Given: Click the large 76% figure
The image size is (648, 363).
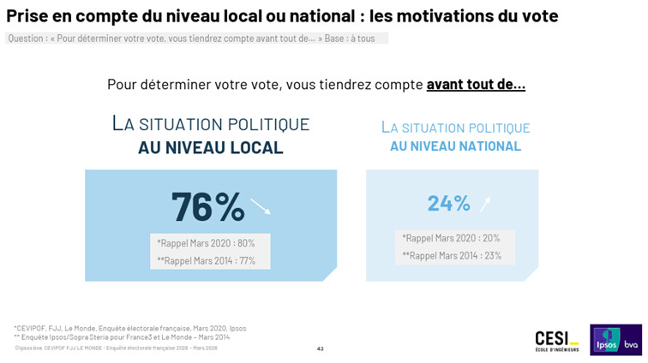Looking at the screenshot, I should click(207, 206).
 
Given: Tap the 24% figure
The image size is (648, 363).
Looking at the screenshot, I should click(449, 204).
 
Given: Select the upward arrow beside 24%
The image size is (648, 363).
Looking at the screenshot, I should click(486, 203).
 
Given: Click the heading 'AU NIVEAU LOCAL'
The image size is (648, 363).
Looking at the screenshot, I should click(210, 148).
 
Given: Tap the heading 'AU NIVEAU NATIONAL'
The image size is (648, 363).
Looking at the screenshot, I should click(455, 146).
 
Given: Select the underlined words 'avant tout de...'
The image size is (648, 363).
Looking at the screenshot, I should click(476, 84).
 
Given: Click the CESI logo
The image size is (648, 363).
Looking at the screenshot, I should click(556, 340).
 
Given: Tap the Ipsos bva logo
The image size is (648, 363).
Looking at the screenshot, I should click(615, 339).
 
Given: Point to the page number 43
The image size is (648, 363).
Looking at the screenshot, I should click(320, 348).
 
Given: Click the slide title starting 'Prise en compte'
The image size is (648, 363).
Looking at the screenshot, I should click(282, 16).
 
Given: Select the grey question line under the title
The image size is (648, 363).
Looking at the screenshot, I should click(196, 39).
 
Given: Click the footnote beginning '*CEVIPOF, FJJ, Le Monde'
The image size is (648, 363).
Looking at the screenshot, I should click(129, 328).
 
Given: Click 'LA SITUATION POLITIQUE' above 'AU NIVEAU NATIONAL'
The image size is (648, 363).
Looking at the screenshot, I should click(455, 128).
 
